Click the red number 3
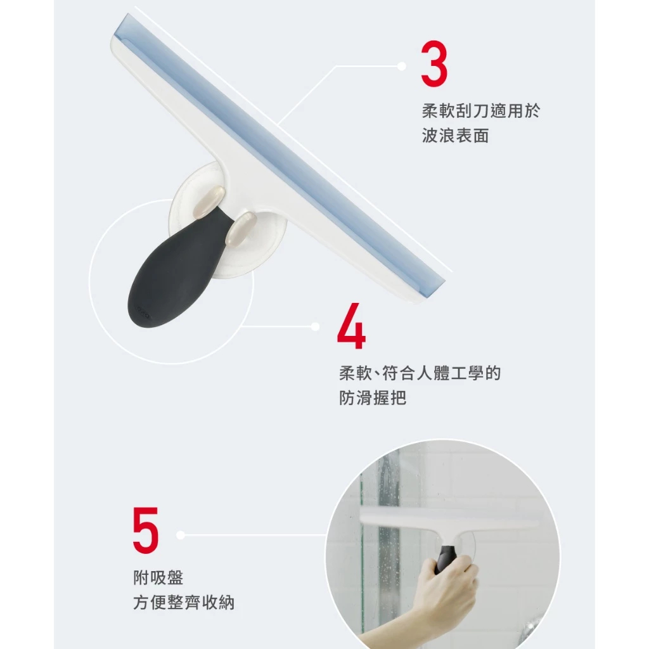point(434,64)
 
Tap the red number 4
point(351,326)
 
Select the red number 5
point(146,530)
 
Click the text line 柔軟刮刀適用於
point(481,111)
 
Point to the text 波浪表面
point(456,136)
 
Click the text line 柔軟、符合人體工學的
point(420,373)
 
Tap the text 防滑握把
point(373,398)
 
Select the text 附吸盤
point(158,577)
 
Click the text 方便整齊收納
point(184,602)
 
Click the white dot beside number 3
point(401,66)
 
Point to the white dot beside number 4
point(316,326)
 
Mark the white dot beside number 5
point(181,535)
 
